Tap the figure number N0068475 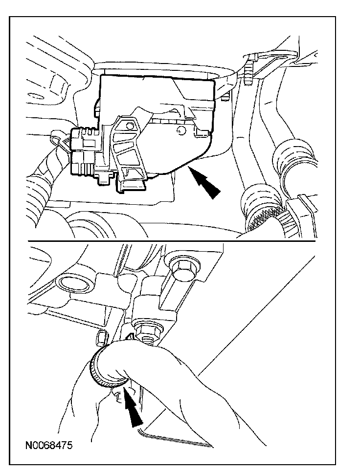coord(49,446)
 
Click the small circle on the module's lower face coord(180,130)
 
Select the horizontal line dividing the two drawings coord(172,241)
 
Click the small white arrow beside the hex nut coord(130,337)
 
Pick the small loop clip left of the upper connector coord(58,139)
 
